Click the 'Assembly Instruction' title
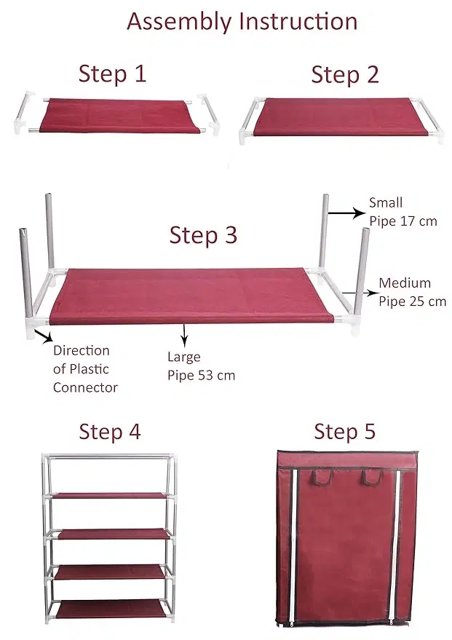[242, 21]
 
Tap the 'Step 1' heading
[112, 74]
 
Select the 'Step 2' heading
[345, 74]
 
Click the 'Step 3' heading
[203, 235]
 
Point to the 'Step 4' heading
[109, 431]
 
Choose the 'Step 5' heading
[344, 431]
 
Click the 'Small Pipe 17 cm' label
[403, 212]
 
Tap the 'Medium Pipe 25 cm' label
[412, 292]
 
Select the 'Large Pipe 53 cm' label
[201, 366]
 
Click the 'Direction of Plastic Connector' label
[85, 369]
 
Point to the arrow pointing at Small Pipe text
[345, 213]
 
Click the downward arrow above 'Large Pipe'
[184, 335]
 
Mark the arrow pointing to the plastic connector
[43, 336]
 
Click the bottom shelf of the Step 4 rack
[111, 609]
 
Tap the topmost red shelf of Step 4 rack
[111, 495]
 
